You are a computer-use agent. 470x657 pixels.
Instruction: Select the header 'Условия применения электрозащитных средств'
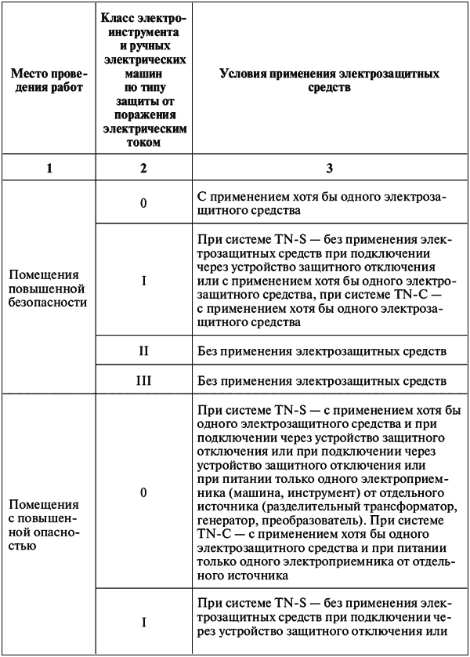[x=328, y=80]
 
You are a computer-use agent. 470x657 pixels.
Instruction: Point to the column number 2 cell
[x=143, y=166]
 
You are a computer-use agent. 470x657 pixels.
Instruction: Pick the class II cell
[x=143, y=350]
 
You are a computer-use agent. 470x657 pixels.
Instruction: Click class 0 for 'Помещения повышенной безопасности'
[x=143, y=203]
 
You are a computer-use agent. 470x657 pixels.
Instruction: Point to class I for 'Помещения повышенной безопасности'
[x=143, y=279]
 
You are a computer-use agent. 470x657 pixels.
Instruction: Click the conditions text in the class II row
[x=322, y=350]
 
